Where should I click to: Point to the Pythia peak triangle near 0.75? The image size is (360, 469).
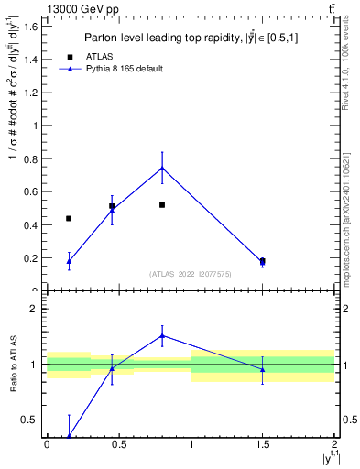[162, 168]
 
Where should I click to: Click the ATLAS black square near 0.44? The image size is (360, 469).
[69, 218]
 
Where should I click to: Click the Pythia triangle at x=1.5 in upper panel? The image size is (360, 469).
[263, 262]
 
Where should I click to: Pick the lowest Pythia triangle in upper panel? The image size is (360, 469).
[69, 261]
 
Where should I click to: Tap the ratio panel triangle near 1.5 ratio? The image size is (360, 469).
[162, 335]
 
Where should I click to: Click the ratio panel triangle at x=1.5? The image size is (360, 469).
[263, 369]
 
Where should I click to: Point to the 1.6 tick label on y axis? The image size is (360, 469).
[30, 26]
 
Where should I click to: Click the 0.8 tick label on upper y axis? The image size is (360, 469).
[30, 158]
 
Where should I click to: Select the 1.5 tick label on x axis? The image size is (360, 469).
[263, 444]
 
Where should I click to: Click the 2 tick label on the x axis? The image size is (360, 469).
[334, 444]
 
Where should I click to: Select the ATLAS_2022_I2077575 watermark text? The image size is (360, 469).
[191, 274]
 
